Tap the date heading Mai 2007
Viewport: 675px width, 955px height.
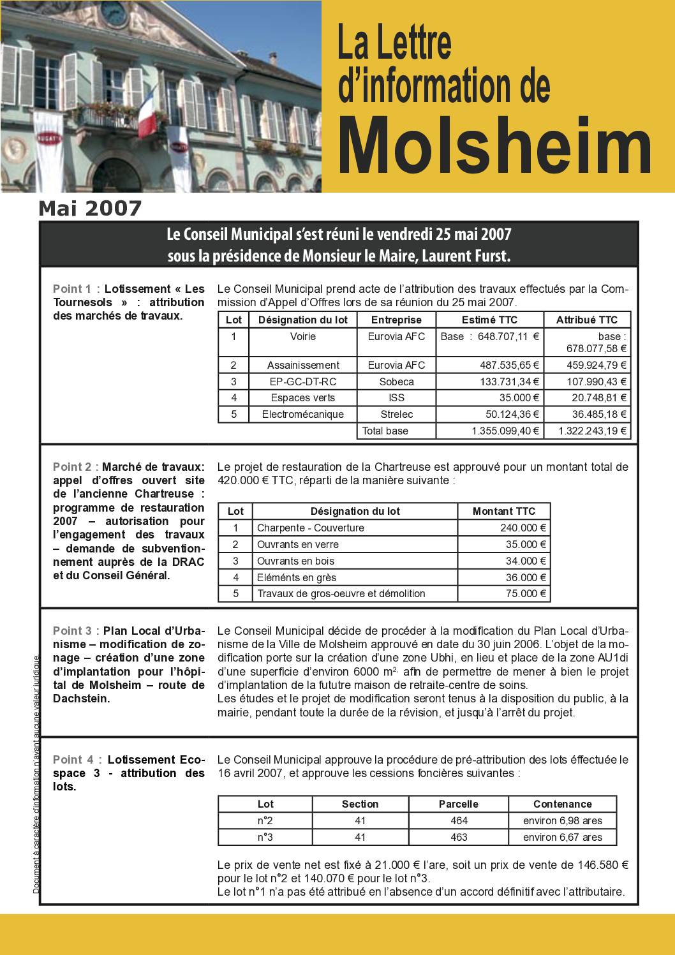(x=90, y=209)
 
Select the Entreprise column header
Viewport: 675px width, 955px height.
(x=396, y=320)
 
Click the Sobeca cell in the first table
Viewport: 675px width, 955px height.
(x=396, y=381)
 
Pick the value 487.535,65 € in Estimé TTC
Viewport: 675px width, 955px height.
(x=509, y=365)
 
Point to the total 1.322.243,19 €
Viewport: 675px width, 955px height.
(x=592, y=431)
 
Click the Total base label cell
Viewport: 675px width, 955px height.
(x=385, y=431)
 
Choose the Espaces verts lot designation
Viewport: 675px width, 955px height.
(x=302, y=398)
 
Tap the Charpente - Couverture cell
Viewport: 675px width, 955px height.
(x=311, y=528)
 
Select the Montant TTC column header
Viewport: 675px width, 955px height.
(x=503, y=511)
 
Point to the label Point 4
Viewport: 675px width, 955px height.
(x=72, y=760)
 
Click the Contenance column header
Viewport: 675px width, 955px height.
(x=562, y=804)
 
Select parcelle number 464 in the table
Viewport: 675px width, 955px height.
(x=459, y=820)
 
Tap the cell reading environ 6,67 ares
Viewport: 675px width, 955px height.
(x=562, y=837)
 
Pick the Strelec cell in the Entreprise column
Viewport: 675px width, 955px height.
(x=396, y=415)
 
